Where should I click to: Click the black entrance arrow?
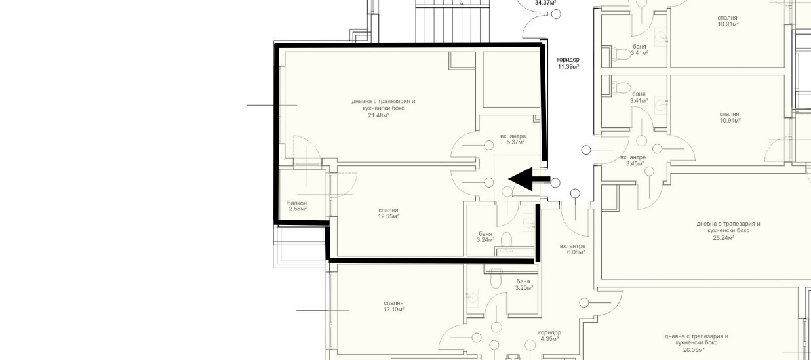(529, 179)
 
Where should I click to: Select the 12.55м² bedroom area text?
(389, 216)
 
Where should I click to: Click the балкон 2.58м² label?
(297, 206)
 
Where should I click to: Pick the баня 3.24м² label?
(486, 237)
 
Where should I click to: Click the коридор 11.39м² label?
(568, 63)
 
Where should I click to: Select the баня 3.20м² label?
(524, 285)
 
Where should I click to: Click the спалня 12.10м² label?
(393, 306)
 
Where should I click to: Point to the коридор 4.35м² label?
(549, 336)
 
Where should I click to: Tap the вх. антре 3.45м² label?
(633, 161)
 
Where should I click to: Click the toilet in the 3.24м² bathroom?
(506, 239)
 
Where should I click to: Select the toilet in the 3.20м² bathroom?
(496, 279)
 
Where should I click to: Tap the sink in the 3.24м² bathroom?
(528, 223)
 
